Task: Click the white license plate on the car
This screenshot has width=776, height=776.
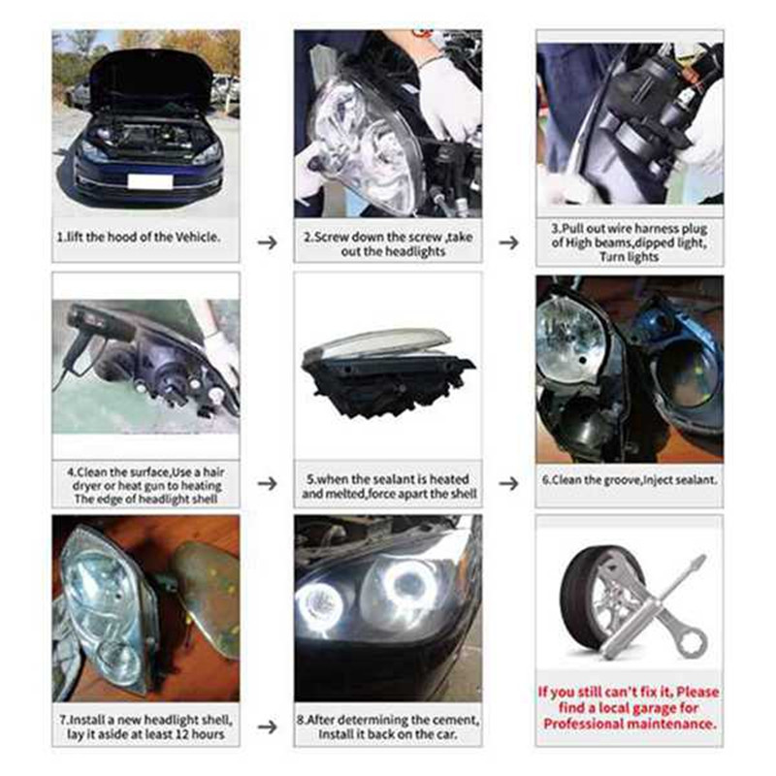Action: click(x=149, y=181)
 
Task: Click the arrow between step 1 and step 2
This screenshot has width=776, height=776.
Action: click(x=267, y=242)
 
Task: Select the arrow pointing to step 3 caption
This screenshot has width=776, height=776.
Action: click(x=508, y=242)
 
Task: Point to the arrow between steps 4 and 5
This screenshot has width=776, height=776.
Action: click(x=267, y=482)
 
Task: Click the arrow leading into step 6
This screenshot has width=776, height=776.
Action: click(x=508, y=482)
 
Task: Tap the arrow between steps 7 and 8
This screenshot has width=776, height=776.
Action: click(x=267, y=725)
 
